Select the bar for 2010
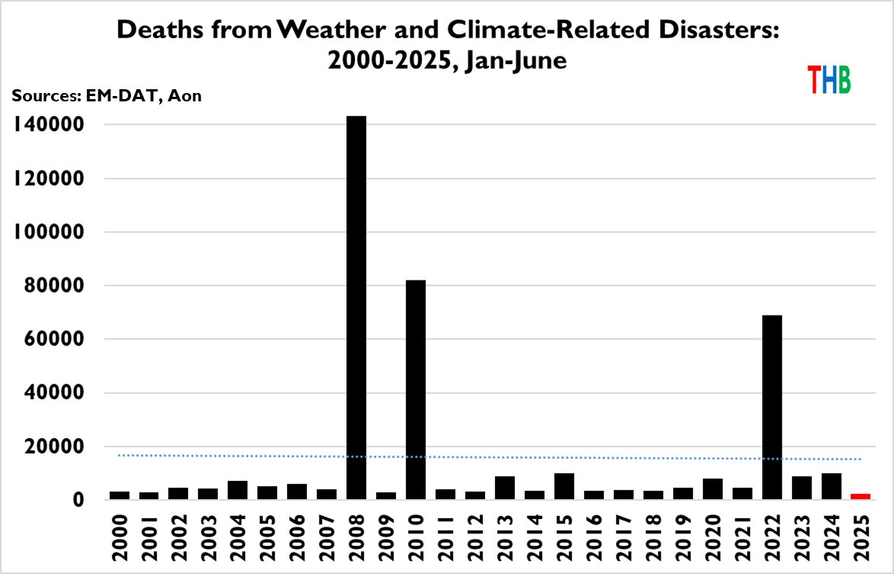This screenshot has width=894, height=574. (x=416, y=390)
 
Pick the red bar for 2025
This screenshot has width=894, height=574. (x=860, y=496)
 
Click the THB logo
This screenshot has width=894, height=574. (x=829, y=79)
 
